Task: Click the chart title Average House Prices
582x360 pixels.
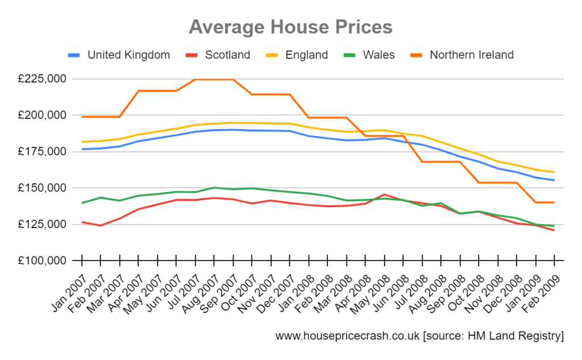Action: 290,27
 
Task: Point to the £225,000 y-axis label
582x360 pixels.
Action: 43,79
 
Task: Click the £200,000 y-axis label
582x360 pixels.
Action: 43,115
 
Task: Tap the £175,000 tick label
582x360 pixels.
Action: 43,152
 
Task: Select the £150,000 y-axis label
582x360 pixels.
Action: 43,188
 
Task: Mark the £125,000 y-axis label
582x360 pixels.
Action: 43,225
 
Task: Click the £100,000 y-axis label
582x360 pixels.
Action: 43,261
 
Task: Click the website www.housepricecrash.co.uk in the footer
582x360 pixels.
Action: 347,336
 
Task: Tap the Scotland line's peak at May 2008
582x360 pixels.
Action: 384,195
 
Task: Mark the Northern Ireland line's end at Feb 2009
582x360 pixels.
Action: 554,202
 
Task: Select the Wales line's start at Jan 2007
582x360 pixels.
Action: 82,203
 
